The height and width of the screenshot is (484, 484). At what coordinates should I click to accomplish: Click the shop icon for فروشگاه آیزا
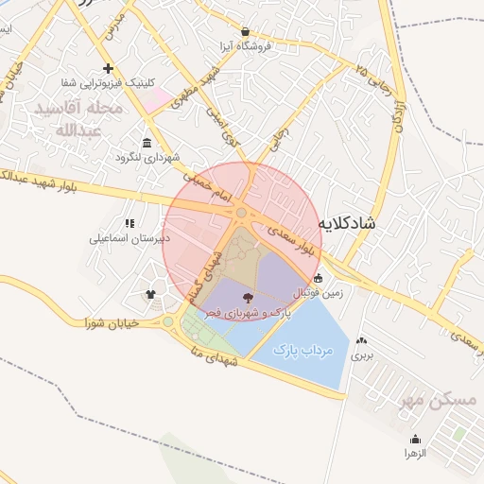[x=246, y=30]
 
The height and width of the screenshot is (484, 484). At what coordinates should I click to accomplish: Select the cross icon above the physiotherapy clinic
[x=109, y=68]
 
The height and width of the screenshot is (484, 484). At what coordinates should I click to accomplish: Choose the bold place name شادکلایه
[x=350, y=223]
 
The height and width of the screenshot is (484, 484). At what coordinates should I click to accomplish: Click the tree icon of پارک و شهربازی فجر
[x=261, y=298]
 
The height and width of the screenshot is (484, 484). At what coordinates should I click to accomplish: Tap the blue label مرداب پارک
[x=303, y=350]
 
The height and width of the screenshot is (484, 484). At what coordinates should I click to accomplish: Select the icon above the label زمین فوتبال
[x=318, y=278]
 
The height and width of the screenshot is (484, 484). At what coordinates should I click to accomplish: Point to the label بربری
[x=363, y=356]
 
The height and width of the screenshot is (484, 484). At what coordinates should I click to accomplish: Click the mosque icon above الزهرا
[x=416, y=439]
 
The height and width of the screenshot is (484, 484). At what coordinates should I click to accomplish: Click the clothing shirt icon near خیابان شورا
[x=150, y=294]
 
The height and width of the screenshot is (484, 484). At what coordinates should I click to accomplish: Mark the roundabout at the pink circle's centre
[x=242, y=214]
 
